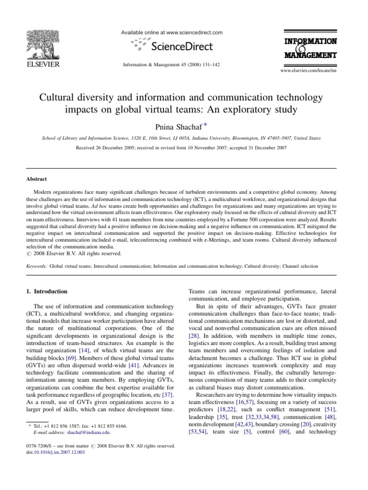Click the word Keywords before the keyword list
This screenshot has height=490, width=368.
point(36,264)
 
